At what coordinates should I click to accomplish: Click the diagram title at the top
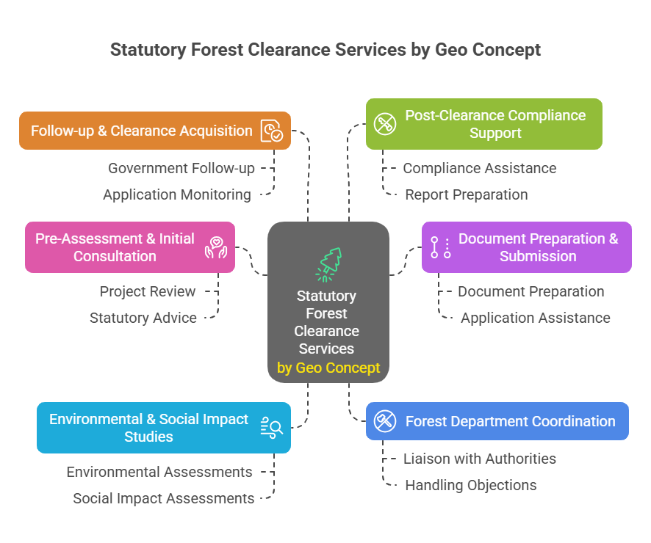click(x=325, y=50)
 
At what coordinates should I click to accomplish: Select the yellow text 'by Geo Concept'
click(x=328, y=368)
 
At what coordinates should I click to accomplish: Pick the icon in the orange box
click(x=271, y=131)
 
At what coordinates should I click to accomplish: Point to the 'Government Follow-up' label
click(x=181, y=168)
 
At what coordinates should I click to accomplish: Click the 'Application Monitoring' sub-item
click(x=177, y=194)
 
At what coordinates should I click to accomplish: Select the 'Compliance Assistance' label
click(x=479, y=168)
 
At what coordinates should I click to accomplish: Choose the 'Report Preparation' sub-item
click(x=467, y=194)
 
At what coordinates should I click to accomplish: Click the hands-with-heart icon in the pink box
click(x=216, y=247)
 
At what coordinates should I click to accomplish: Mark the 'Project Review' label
click(x=148, y=291)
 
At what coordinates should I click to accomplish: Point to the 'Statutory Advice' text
click(x=143, y=318)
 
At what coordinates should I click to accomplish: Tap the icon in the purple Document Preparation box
click(x=440, y=247)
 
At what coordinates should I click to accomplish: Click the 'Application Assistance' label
click(x=535, y=318)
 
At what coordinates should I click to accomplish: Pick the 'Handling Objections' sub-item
click(x=471, y=485)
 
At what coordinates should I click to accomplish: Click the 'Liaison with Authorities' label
click(x=480, y=459)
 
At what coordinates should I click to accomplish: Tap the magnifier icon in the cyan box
click(x=271, y=427)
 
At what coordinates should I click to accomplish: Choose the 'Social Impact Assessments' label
click(x=164, y=498)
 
